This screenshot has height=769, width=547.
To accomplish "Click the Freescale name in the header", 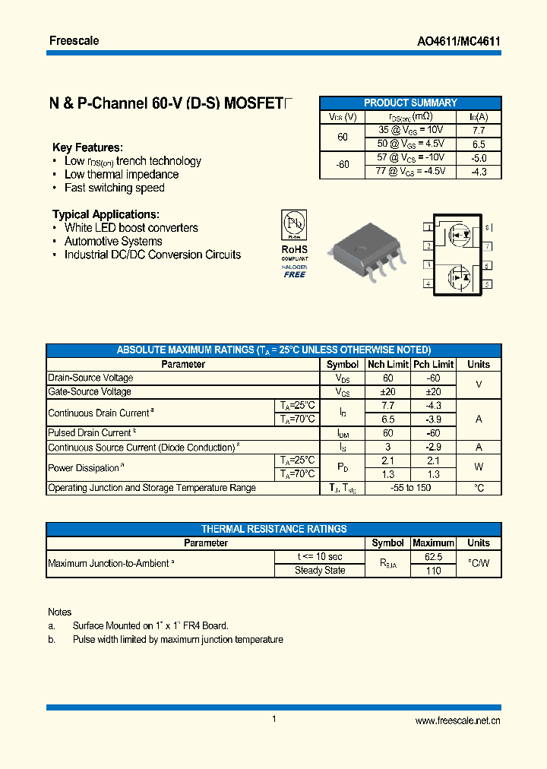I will pyautogui.click(x=74, y=40).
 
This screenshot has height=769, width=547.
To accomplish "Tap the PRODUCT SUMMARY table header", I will pyautogui.click(x=410, y=103).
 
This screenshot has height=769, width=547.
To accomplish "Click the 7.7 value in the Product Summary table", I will pyautogui.click(x=479, y=130).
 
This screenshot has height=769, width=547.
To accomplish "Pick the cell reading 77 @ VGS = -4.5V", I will pyautogui.click(x=410, y=172).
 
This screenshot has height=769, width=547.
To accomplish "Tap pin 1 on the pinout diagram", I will pyautogui.click(x=428, y=227).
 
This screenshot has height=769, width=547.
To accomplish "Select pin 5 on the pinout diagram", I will pyautogui.click(x=487, y=284).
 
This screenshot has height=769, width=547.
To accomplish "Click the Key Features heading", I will pyautogui.click(x=87, y=147).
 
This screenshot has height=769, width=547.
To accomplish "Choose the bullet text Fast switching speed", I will pyautogui.click(x=114, y=188).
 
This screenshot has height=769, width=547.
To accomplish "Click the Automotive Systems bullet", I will pyautogui.click(x=113, y=242).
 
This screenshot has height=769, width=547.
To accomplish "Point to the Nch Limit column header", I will pyautogui.click(x=387, y=364).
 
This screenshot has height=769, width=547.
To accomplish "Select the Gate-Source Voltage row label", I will pyautogui.click(x=90, y=391).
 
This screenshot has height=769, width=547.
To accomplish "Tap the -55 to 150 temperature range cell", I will pyautogui.click(x=410, y=488).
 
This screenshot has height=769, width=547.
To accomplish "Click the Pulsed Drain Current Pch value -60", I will pyautogui.click(x=433, y=433).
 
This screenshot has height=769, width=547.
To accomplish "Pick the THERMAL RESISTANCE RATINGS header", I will pyautogui.click(x=273, y=529).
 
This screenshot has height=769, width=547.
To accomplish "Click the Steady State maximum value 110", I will pyautogui.click(x=432, y=571).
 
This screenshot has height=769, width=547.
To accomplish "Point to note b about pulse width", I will pyautogui.click(x=178, y=640).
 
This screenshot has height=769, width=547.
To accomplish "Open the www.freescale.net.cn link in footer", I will pyautogui.click(x=457, y=720).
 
